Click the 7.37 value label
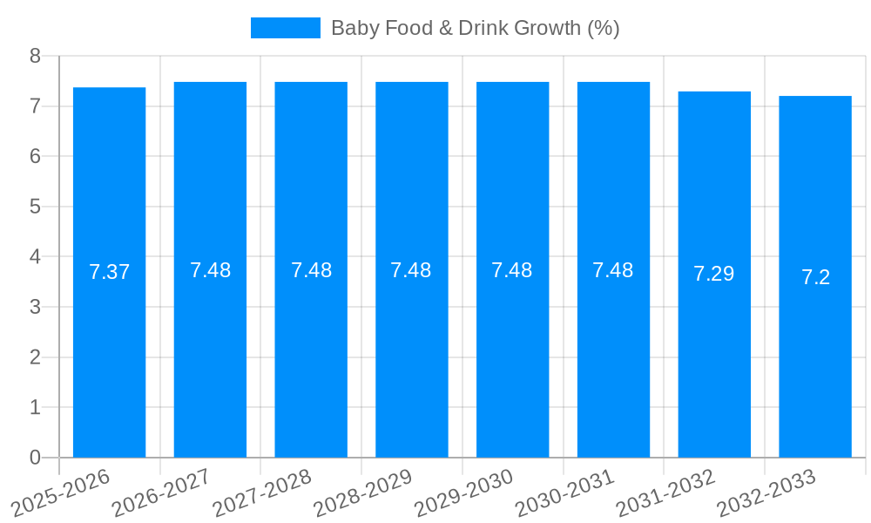[109, 272]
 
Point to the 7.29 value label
[714, 274]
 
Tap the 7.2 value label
[815, 277]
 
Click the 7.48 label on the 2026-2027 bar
[210, 270]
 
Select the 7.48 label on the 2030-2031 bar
[613, 270]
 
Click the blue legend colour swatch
[285, 28]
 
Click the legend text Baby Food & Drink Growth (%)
[475, 28]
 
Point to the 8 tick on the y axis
[36, 56]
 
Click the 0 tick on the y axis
[36, 458]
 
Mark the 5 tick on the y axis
[36, 207]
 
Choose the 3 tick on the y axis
[36, 307]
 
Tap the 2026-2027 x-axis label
[161, 492]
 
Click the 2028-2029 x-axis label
[362, 492]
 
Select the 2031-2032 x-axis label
[665, 492]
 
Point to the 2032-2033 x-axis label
[766, 492]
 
